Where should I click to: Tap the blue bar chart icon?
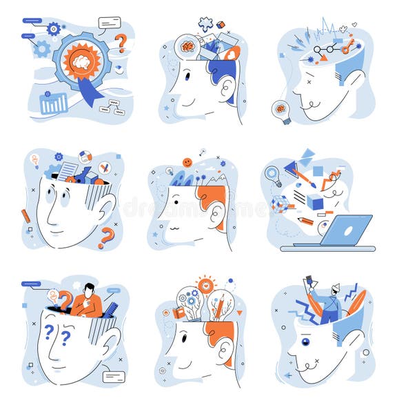point(54,103)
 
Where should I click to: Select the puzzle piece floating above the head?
point(205,24)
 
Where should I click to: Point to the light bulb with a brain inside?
point(281,108)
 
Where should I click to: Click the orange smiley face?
point(187,162)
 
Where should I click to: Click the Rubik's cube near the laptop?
point(279,203)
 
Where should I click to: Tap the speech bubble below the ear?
point(113,377)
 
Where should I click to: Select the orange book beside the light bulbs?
point(179,313)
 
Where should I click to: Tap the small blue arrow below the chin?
point(288,375)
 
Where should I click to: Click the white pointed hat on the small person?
point(335,288)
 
